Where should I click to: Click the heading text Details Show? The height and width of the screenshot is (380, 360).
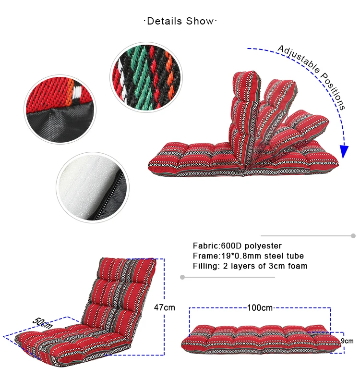[x=180, y=21]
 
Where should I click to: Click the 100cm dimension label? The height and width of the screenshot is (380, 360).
[x=260, y=308]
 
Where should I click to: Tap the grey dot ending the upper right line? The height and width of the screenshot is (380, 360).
[x=353, y=236]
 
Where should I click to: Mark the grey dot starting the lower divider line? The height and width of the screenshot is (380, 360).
[x=182, y=277]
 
